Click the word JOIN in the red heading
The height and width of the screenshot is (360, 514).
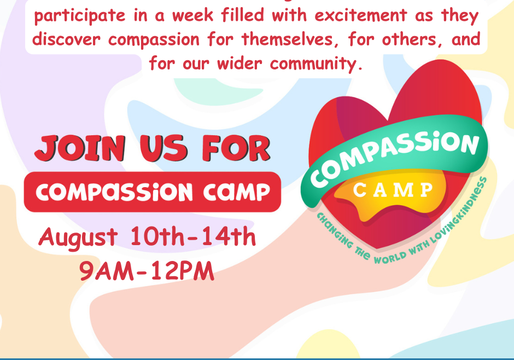80,148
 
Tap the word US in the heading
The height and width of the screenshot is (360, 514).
163,148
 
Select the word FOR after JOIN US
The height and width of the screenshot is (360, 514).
236,148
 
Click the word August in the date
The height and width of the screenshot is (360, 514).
78,237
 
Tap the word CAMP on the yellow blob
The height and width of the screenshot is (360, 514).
393,190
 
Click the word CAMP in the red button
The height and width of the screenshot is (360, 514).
236,193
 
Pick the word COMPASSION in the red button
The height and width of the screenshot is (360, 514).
114,192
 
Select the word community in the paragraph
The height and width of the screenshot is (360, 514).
317,63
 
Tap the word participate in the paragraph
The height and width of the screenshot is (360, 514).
80,16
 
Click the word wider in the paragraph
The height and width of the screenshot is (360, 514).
240,63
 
